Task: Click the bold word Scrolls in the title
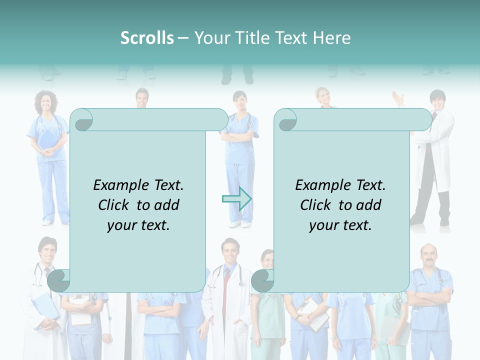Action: (147, 38)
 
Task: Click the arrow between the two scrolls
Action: (236, 198)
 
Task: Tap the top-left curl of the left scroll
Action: (82, 120)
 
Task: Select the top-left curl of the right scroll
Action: (286, 120)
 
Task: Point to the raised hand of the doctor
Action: (398, 98)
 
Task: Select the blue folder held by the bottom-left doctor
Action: (45, 305)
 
